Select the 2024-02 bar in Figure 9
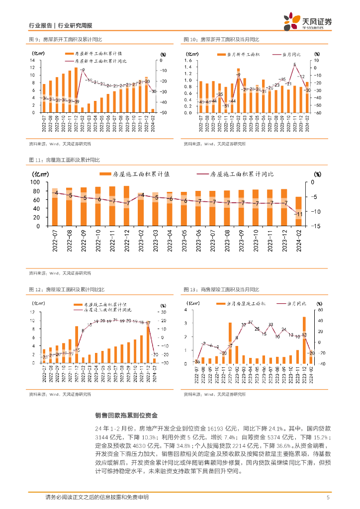coord(153,110)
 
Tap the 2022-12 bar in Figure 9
coord(76,90)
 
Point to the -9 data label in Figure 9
coord(83,70)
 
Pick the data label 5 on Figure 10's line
coord(295,65)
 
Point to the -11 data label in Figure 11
coord(299,214)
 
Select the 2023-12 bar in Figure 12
coord(148,343)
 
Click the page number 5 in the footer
coord(328,498)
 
